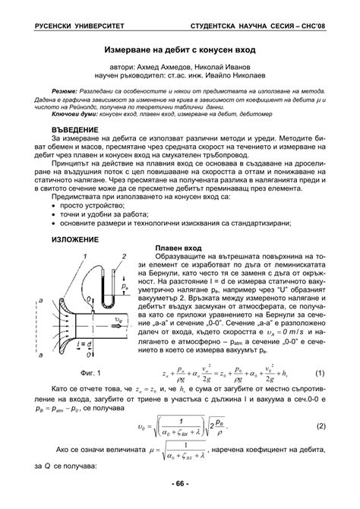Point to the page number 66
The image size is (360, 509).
[180, 484]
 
